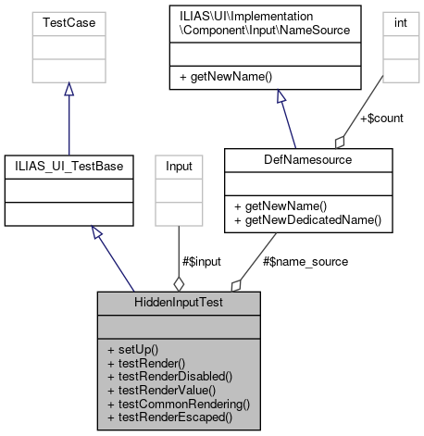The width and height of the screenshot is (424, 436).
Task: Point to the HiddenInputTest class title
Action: (179, 303)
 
